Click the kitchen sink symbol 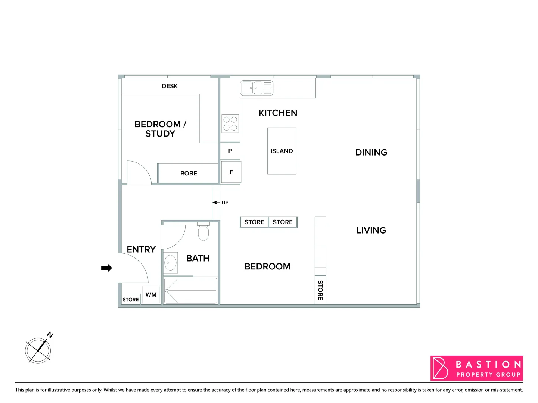tap(256, 88)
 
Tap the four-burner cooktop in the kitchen tap(230, 124)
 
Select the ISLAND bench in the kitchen tap(282, 151)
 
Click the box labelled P tap(230, 151)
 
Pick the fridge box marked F tap(231, 172)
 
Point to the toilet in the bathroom tap(203, 232)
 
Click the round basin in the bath tap(170, 263)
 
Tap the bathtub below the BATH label tap(190, 290)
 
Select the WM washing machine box tap(151, 295)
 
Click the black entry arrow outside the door tap(106, 268)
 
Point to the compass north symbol tap(38, 350)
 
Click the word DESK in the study tap(170, 86)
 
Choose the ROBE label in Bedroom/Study tap(189, 174)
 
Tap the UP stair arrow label tap(225, 203)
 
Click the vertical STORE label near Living tap(320, 290)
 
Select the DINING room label tap(371, 152)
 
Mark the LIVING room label tap(371, 230)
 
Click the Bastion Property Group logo tap(476, 368)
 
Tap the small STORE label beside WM tap(130, 300)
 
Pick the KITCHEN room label tap(278, 113)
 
